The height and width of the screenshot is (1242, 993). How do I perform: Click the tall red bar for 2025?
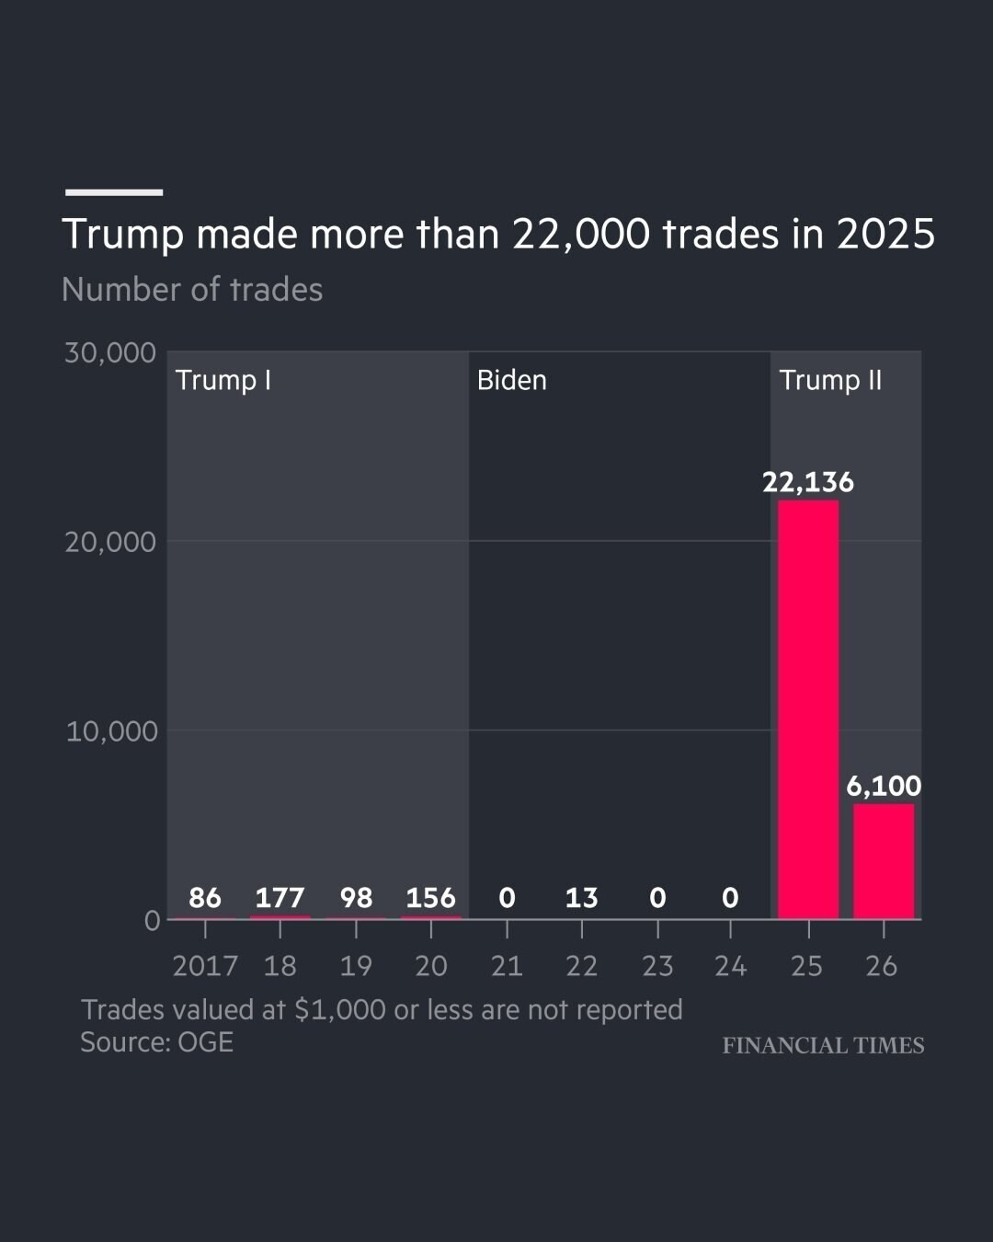click(808, 709)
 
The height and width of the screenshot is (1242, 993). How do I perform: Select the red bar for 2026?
click(884, 861)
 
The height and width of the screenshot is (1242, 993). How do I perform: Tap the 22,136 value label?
click(808, 482)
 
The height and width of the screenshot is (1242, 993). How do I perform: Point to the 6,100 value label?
click(884, 786)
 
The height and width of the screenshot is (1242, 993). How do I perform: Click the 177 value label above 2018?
click(280, 898)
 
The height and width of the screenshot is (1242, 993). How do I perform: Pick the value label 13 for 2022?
click(582, 898)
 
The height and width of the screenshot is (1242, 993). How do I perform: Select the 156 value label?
click(430, 898)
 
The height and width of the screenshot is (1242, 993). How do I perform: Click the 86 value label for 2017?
click(205, 898)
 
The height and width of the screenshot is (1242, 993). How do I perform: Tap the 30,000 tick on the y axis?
click(110, 352)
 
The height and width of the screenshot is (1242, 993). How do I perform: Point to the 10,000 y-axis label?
click(111, 731)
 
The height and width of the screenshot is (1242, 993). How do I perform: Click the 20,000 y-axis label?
click(110, 542)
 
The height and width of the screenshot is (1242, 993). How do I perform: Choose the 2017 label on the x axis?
click(205, 966)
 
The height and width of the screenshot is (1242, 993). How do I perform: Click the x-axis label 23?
click(657, 966)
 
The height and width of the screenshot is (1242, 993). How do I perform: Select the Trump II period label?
click(830, 380)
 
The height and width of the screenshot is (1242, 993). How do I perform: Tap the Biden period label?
click(512, 380)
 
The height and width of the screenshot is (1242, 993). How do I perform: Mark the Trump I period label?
click(223, 381)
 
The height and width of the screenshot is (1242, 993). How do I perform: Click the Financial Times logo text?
click(824, 1045)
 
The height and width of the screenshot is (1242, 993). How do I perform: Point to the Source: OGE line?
click(157, 1042)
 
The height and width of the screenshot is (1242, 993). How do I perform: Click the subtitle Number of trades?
click(192, 289)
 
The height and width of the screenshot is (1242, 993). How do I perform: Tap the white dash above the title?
click(114, 192)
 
